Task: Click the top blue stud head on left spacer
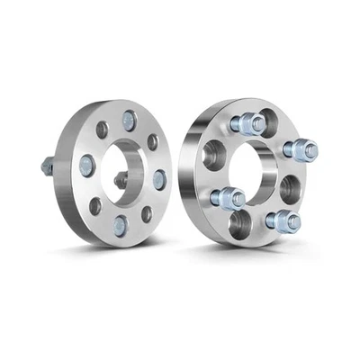click(130, 117)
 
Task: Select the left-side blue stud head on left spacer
click(87, 164)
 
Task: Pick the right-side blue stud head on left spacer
click(159, 180)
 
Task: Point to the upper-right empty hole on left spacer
click(152, 141)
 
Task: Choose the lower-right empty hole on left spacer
click(147, 214)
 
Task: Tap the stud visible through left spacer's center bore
click(120, 180)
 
